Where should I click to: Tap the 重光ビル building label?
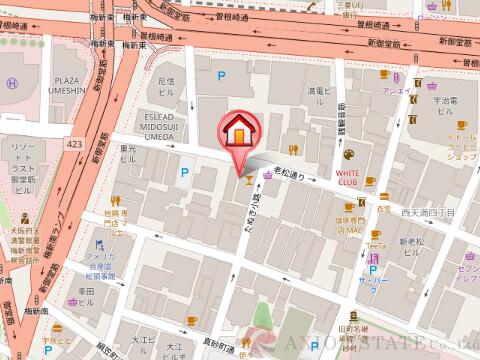(x=127, y=155)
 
